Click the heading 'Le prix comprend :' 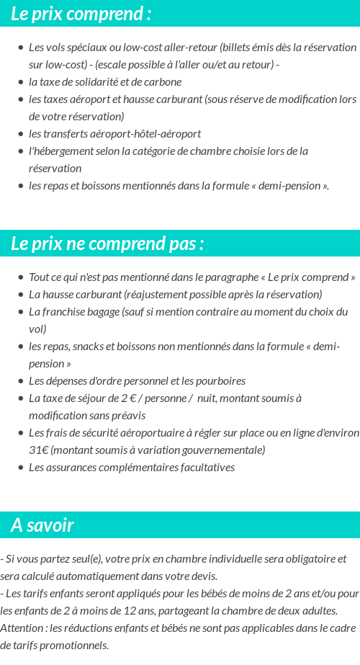tap(81, 14)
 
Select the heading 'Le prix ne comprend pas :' tap(107, 244)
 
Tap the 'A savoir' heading tap(42, 525)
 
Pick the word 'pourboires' tap(220, 380)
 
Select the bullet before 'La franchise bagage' tap(21, 312)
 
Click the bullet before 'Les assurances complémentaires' tap(21, 468)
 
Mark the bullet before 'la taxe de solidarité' tap(21, 82)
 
